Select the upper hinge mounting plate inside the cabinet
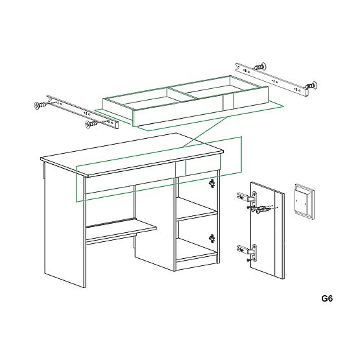[211, 185]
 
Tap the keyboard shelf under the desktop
[120, 229]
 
